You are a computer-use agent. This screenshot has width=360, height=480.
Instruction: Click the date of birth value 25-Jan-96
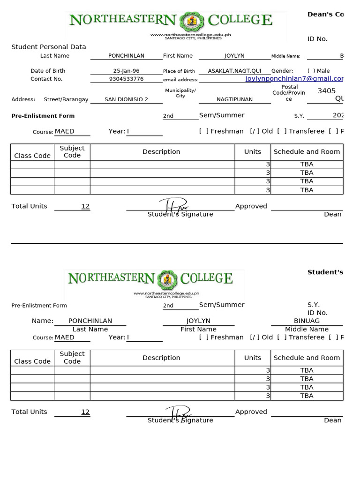pos(126,71)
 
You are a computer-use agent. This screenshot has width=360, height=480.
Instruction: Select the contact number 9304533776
pos(126,79)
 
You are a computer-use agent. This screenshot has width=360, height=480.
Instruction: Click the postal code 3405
pos(326,91)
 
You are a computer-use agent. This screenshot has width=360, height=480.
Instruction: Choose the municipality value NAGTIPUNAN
pos(234,99)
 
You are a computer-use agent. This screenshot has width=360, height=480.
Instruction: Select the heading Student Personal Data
pos(49,47)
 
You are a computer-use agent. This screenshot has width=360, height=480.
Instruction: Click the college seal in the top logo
pos(192,21)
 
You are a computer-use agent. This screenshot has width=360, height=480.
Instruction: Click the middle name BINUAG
pos(307,321)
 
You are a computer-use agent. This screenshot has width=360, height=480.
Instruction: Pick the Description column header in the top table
pos(161,152)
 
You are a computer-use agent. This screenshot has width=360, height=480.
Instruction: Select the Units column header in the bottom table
pos(253,358)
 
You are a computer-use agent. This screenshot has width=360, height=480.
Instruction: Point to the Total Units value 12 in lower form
pos(85,412)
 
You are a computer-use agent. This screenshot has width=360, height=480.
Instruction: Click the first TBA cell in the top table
pos(307,164)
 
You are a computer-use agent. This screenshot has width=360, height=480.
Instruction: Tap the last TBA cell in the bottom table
pos(307,396)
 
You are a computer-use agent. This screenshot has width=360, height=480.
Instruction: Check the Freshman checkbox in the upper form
pos(204,131)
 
